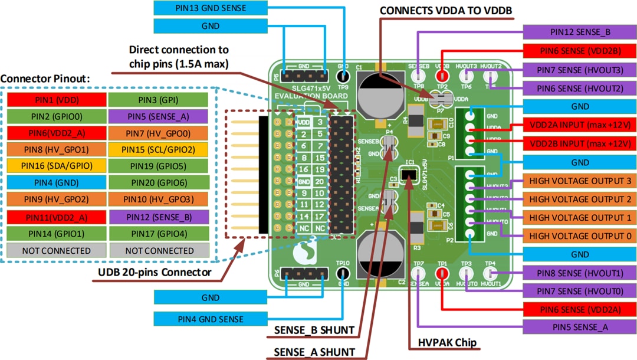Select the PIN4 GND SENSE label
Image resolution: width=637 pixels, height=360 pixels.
(211, 319)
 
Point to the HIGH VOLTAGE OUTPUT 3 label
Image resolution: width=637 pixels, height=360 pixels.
(580, 181)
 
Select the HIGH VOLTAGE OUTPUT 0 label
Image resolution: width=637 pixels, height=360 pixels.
(580, 236)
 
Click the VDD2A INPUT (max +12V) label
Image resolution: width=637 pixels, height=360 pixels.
(580, 125)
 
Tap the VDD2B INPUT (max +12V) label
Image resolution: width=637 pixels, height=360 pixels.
(580, 143)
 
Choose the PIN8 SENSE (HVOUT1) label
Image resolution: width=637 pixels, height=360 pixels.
(580, 273)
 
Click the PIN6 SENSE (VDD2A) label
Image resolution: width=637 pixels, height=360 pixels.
(580, 309)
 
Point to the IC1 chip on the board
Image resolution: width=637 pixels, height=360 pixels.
(409, 175)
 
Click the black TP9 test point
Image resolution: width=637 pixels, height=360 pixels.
(343, 76)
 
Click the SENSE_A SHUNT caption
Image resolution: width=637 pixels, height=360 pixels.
(314, 352)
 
